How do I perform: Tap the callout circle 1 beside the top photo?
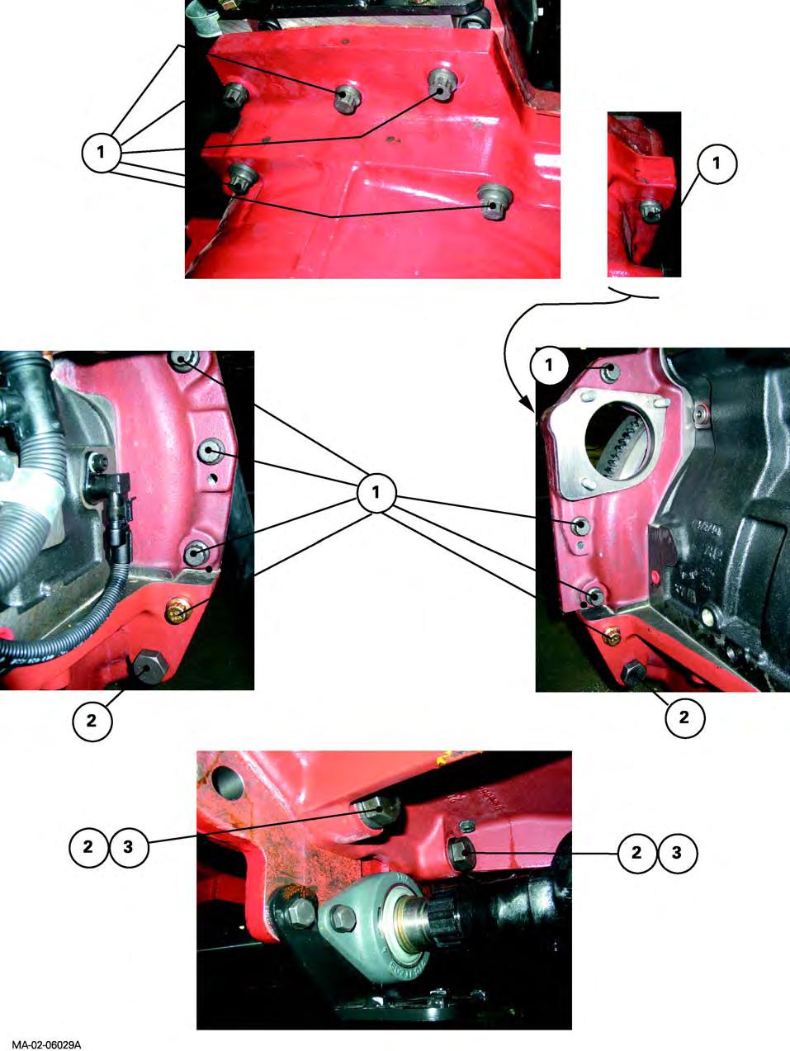point(101,153)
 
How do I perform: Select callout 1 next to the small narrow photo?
point(717,163)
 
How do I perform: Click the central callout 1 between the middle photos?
point(376,492)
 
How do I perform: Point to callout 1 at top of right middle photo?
point(549,366)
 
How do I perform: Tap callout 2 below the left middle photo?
point(92,720)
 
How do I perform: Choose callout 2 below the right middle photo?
point(684,717)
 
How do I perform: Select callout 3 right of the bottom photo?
point(677,852)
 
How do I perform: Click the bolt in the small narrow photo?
point(650,211)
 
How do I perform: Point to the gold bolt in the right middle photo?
point(613,637)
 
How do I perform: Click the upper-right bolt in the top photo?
point(442,83)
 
